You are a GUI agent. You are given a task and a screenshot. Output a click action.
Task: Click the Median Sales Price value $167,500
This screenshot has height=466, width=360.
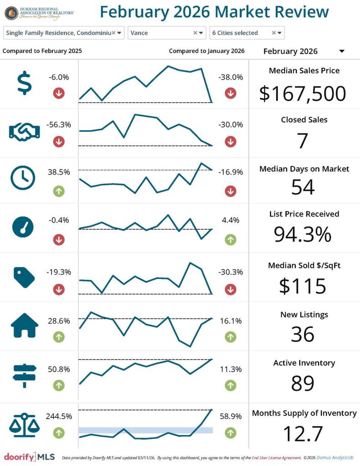tap(303, 93)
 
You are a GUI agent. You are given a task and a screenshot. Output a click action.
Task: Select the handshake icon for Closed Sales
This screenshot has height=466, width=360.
tap(24, 132)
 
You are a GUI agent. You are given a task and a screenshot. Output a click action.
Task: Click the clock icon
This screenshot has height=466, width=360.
tap(23, 178)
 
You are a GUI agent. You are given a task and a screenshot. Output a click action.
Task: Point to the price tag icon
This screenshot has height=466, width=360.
tap(24, 277)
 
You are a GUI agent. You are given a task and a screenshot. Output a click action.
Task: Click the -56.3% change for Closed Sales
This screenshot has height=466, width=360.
tap(59, 125)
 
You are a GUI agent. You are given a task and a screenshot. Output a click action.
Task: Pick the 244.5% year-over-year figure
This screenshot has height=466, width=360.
tap(59, 416)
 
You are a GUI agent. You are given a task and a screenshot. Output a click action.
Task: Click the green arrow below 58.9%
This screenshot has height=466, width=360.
tap(230, 432)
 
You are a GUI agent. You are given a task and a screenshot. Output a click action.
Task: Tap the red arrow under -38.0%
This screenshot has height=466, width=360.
tap(230, 93)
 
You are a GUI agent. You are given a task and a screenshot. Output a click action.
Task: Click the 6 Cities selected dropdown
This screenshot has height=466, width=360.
tap(279, 33)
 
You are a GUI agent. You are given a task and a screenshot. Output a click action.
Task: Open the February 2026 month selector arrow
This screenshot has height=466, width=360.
tap(342, 51)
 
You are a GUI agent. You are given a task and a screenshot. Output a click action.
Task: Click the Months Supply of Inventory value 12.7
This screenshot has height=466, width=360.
tap(303, 434)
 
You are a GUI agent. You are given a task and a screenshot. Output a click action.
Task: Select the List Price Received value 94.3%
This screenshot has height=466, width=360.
tap(303, 234)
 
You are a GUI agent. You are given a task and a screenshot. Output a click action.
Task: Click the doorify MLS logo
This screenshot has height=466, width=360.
tap(29, 456)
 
